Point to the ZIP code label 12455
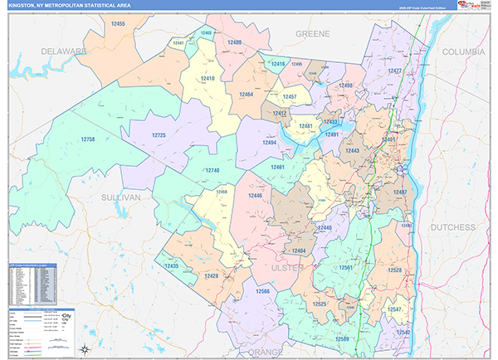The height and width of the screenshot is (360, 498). click(x=117, y=24)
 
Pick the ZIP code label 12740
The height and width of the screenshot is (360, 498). click(x=212, y=170)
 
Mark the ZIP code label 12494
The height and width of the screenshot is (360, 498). click(x=268, y=143)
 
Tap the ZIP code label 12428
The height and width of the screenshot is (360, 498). click(x=211, y=275)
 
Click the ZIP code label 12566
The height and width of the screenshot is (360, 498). click(x=263, y=292)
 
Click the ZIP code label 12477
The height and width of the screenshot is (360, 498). click(x=394, y=71)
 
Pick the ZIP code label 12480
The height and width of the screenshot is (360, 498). click(x=233, y=41)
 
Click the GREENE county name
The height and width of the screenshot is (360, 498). click(x=313, y=33)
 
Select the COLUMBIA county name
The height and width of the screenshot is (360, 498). click(x=462, y=51)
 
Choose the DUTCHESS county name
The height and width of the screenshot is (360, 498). click(x=452, y=226)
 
